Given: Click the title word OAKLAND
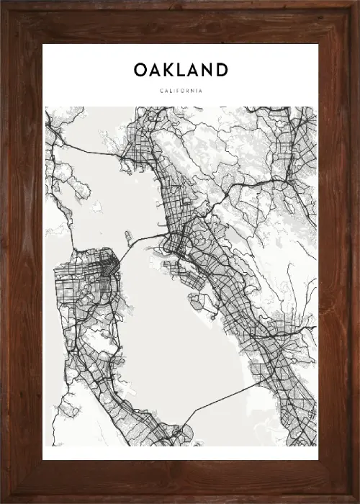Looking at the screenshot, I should pos(181,70).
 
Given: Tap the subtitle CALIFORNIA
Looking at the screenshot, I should pos(181,91).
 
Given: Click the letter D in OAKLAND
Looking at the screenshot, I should pos(221,70).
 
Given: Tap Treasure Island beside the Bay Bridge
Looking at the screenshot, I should pos(127,235).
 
